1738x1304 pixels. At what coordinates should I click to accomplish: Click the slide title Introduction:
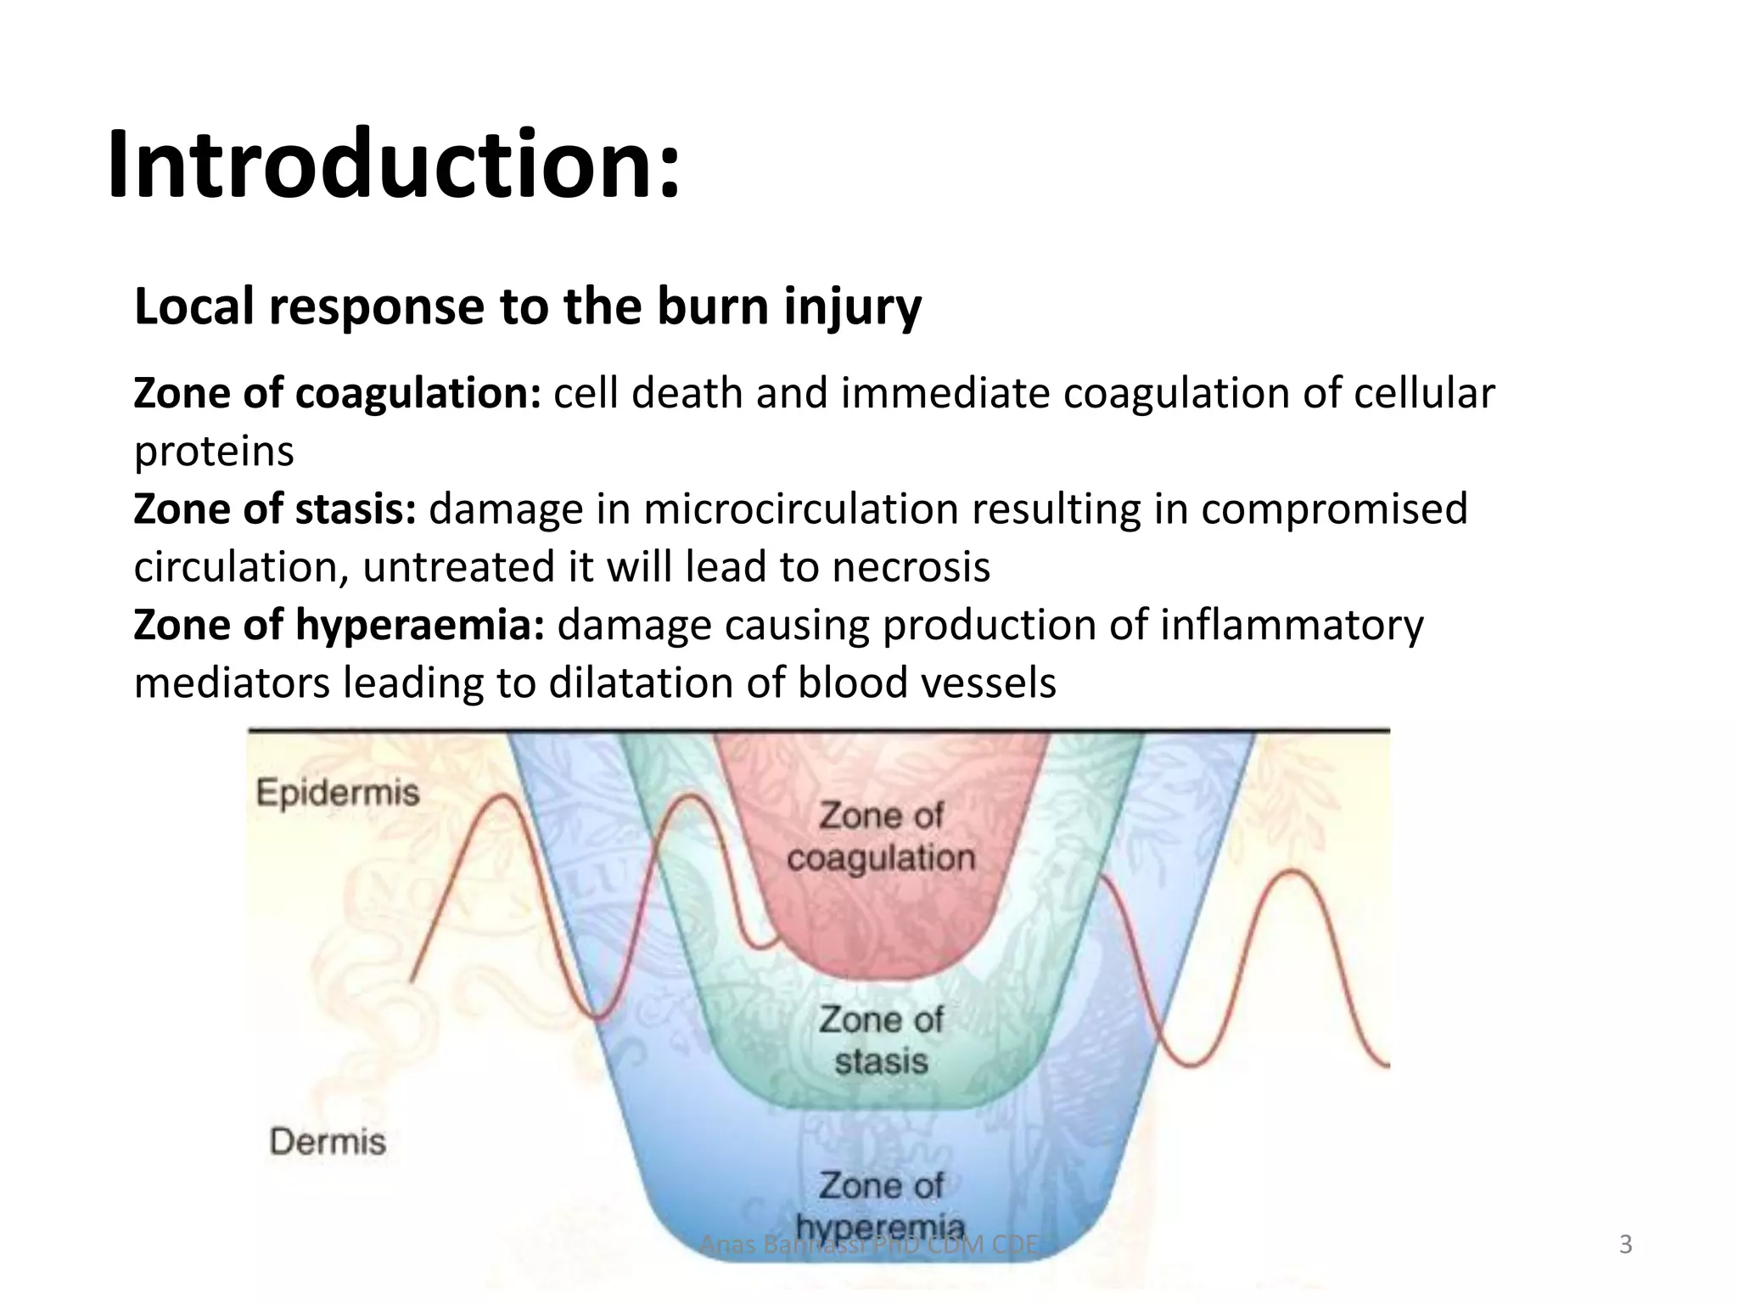(394, 164)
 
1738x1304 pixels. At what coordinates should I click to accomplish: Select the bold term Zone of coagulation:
(337, 394)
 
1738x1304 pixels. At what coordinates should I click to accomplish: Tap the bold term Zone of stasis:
(275, 509)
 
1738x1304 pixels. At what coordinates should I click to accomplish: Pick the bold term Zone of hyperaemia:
(339, 626)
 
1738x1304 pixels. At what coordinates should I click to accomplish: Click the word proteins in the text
(214, 452)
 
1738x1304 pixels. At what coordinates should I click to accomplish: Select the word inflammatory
(1292, 626)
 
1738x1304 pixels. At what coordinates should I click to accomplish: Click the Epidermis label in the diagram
(338, 793)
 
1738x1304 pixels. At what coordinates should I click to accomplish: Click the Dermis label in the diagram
(328, 1142)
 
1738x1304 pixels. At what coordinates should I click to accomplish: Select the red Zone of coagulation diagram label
(881, 837)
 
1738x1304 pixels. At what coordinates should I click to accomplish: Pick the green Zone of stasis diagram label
(881, 1041)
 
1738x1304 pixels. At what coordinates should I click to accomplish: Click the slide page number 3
(1625, 1245)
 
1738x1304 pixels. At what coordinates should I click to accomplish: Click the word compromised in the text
(1334, 509)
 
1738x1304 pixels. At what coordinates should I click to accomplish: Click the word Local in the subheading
(193, 306)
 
